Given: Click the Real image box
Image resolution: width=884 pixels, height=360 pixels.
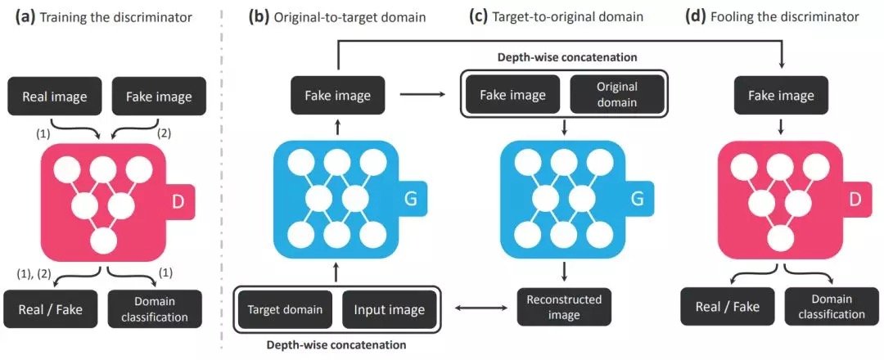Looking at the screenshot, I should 54,97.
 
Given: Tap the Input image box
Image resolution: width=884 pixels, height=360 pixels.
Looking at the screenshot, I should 389,309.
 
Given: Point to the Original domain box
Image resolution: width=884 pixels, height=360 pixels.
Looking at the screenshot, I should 606,96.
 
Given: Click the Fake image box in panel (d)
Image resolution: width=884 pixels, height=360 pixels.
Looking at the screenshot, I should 782,97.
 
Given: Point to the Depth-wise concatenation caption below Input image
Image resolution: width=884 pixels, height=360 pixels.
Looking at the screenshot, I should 336,345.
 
